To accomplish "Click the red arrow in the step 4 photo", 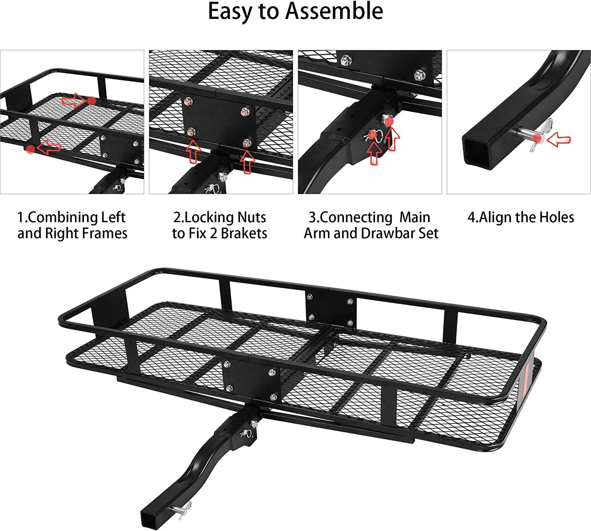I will click(x=560, y=139).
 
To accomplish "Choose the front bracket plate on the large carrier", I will click(x=251, y=382).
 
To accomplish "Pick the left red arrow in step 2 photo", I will click(x=193, y=152).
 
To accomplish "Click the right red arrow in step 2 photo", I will click(x=247, y=162).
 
